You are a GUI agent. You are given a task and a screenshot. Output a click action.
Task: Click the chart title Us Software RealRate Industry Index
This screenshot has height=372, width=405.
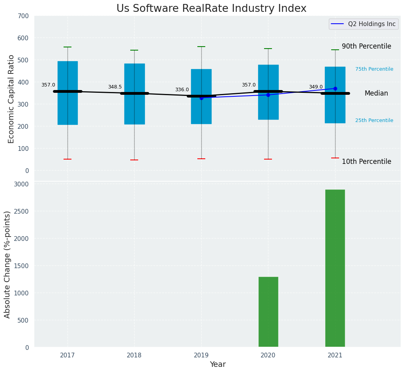[211, 9]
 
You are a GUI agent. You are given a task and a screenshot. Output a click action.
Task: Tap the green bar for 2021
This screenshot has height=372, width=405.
[335, 268]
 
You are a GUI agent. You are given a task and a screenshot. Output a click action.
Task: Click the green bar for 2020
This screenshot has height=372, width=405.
[268, 312]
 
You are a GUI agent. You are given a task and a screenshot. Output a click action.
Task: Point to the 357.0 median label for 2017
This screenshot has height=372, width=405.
[48, 85]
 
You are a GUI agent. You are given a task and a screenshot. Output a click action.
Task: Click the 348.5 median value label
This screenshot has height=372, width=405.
[115, 87]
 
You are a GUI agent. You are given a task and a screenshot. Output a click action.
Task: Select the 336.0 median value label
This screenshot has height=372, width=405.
[182, 90]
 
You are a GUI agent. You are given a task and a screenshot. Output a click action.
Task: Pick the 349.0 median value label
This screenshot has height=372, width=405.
[316, 87]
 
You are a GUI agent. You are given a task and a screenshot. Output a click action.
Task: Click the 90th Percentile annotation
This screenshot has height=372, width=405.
[366, 46]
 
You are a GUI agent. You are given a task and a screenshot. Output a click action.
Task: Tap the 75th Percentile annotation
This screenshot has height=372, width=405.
[374, 69]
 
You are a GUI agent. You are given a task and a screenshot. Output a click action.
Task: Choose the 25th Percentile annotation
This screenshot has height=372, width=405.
[374, 120]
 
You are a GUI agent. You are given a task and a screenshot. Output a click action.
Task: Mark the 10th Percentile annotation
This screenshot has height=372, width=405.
[366, 162]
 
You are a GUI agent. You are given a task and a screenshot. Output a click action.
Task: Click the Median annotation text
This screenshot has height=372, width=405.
[376, 94]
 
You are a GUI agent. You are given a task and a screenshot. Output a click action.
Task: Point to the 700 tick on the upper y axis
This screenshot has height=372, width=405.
[23, 16]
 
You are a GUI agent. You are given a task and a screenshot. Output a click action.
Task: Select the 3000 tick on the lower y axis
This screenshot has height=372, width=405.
[21, 184]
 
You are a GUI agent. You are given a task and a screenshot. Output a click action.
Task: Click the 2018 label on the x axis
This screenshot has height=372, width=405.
[134, 355]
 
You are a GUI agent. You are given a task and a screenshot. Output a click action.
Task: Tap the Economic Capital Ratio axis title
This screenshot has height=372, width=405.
[11, 99]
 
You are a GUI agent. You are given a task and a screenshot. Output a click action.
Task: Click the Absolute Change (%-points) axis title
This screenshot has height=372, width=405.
[7, 264]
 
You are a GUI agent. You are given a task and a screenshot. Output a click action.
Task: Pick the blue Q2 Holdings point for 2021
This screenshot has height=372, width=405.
[335, 88]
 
